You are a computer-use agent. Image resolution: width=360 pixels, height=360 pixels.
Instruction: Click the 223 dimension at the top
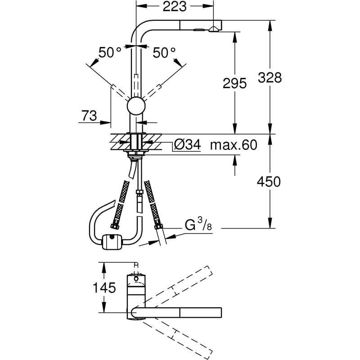click(x=175, y=7)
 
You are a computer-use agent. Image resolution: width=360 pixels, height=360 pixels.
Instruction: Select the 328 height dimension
click(x=270, y=77)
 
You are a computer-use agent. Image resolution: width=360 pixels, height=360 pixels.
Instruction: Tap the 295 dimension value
click(x=234, y=83)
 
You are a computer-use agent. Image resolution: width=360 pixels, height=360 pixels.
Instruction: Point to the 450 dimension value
click(x=269, y=182)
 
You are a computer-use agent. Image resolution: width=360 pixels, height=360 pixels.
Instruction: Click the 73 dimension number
click(x=89, y=116)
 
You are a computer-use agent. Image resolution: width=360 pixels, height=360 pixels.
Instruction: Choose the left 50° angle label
click(x=110, y=53)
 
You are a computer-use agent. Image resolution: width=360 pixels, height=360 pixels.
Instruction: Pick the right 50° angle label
click(x=164, y=53)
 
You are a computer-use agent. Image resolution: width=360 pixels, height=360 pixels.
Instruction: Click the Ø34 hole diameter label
click(x=187, y=145)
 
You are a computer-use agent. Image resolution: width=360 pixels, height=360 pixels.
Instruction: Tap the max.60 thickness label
click(x=234, y=145)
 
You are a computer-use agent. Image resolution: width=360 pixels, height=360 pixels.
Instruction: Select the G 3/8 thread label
click(x=198, y=225)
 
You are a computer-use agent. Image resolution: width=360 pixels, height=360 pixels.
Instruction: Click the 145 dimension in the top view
click(x=104, y=288)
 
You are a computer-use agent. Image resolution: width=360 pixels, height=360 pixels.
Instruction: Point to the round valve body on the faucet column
click(x=136, y=106)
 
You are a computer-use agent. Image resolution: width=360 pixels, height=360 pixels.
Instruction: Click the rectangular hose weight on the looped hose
click(x=112, y=242)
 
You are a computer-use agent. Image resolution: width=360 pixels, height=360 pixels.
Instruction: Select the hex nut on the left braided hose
click(x=114, y=226)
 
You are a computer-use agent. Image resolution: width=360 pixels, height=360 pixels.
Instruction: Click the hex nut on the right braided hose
click(x=158, y=226)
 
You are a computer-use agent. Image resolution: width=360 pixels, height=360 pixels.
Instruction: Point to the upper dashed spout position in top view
click(x=174, y=288)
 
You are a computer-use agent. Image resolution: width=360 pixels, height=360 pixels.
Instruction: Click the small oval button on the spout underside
click(x=198, y=30)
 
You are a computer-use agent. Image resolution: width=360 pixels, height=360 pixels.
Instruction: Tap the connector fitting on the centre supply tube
click(x=139, y=192)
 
